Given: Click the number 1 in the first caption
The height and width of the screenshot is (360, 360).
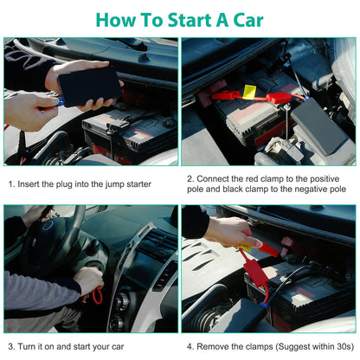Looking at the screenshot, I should [11, 183].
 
